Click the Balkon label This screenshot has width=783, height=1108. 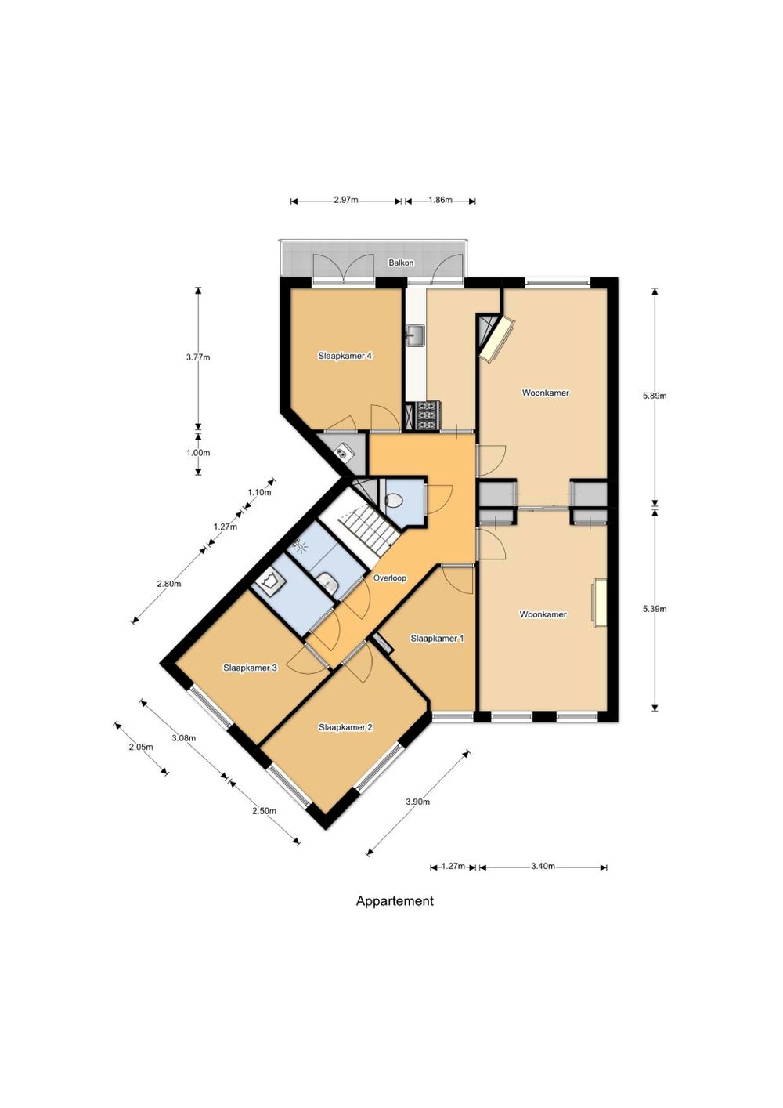pos(401,263)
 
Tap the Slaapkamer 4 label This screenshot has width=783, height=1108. pos(345,356)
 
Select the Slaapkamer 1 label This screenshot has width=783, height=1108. pos(437,639)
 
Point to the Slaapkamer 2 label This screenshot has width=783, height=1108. pos(345,728)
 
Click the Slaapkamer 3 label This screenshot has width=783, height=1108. pos(250,668)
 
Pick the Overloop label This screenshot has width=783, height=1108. pos(390,578)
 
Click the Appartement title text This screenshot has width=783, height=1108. pos(395,901)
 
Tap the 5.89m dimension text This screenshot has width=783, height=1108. pos(655,396)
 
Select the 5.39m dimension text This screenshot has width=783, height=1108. pos(655,609)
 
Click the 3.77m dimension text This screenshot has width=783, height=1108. pos(198,357)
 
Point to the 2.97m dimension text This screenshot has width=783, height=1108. pos(346,201)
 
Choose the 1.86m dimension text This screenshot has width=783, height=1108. pos(440,201)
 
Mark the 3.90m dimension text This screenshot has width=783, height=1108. pos(417,802)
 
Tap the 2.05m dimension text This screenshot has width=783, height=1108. pos(141,748)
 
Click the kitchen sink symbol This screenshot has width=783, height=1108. pos(415,335)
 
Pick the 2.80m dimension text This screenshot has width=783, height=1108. pos(169,584)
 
